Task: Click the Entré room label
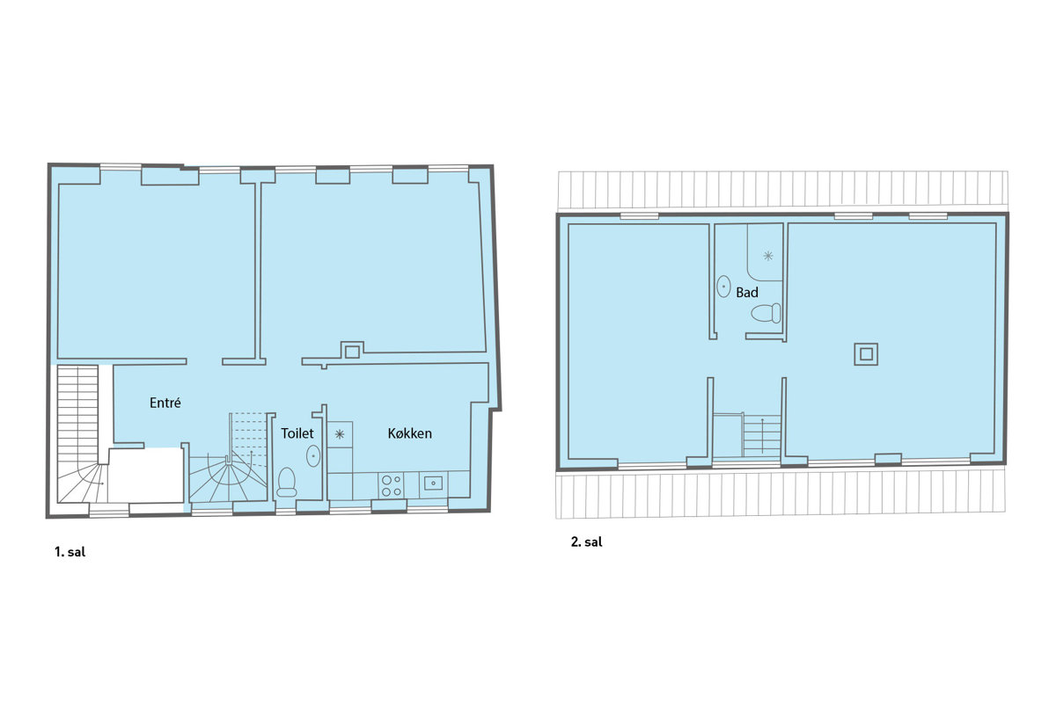(165, 403)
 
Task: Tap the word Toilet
(297, 433)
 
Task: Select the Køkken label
(410, 433)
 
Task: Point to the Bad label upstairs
(747, 293)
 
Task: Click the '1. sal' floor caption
(70, 552)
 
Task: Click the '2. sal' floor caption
(586, 542)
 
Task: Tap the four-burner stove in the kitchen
(392, 485)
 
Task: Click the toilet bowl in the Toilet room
(287, 482)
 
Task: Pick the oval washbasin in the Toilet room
(313, 456)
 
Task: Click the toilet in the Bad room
(766, 314)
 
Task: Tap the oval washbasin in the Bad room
(723, 286)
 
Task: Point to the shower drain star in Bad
(768, 256)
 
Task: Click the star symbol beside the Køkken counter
(340, 434)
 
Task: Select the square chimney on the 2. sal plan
(866, 353)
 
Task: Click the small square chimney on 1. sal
(352, 352)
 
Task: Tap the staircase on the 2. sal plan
(747, 436)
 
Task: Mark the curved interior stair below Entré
(228, 457)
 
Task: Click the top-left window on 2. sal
(639, 216)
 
